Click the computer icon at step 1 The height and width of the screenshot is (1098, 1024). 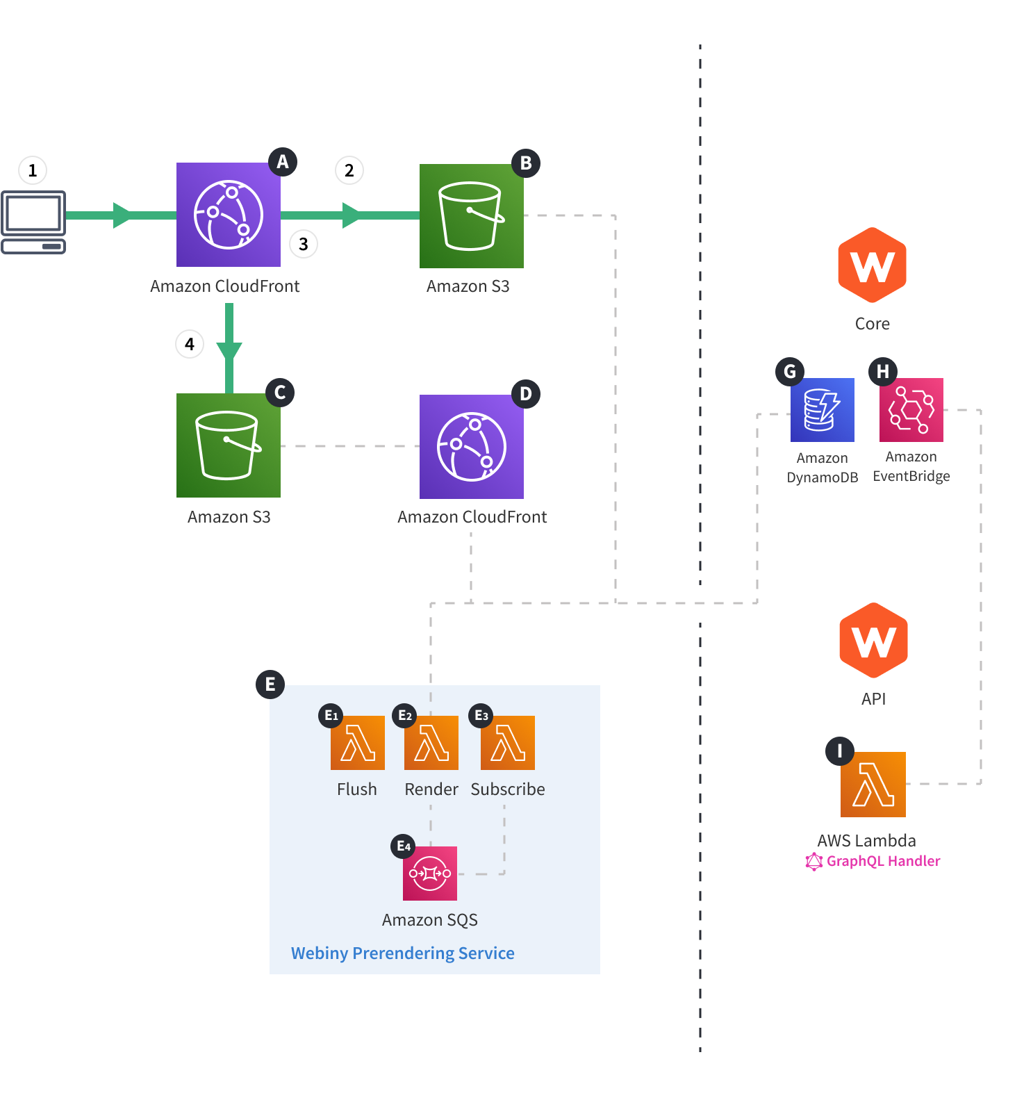pos(33,222)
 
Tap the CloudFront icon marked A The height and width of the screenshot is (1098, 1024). pos(228,215)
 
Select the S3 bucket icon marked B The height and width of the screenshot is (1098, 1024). pos(471,216)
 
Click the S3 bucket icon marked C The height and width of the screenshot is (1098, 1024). pos(228,445)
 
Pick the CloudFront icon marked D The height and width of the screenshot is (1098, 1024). pos(471,447)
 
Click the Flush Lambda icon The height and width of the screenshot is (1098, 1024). pos(357,742)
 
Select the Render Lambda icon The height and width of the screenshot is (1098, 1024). pos(431,742)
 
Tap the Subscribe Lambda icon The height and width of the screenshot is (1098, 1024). pos(507,742)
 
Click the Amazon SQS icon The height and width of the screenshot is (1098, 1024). pos(429,873)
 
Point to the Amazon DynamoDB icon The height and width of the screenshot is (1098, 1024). pos(822,410)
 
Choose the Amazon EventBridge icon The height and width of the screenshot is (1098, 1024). pos(911,410)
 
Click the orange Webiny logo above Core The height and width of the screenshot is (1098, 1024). pos(872,265)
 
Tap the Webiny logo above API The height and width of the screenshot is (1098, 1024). pos(873,640)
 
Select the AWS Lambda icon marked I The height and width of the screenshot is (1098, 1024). pos(873,784)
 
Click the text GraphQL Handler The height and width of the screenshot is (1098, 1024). pos(882,861)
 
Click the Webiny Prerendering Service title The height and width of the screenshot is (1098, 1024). pos(402,953)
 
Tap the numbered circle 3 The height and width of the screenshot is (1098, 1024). pos(303,244)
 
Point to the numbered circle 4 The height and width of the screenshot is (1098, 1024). pos(189,344)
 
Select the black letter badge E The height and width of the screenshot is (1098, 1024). pos(270,685)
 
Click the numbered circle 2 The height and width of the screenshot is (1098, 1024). pos(349,170)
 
